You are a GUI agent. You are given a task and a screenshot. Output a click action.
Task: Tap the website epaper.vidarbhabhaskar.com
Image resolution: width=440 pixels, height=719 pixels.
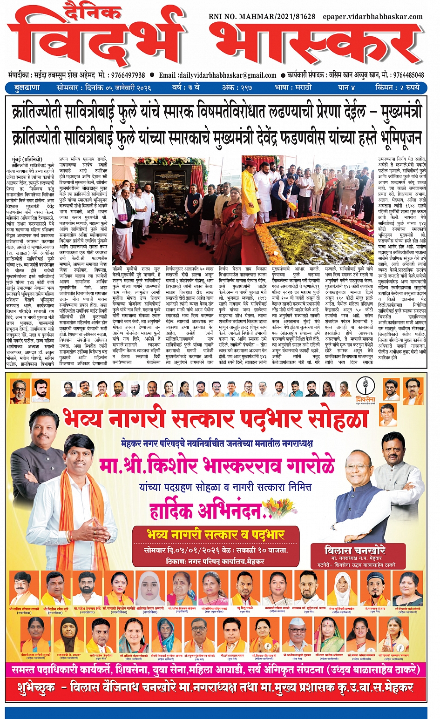coord(372,17)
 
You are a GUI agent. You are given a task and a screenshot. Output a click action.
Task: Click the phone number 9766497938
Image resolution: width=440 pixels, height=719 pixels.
coord(127,75)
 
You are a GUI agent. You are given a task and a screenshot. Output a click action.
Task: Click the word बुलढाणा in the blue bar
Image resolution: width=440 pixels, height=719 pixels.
coord(27,87)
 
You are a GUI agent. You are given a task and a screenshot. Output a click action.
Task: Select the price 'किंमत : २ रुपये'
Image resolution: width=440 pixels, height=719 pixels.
coord(398,87)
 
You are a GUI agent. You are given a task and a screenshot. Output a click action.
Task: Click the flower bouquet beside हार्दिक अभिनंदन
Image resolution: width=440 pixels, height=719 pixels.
coord(278,507)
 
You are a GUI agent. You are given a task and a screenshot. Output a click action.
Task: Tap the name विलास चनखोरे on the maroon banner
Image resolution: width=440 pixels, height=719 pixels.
coord(355,550)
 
